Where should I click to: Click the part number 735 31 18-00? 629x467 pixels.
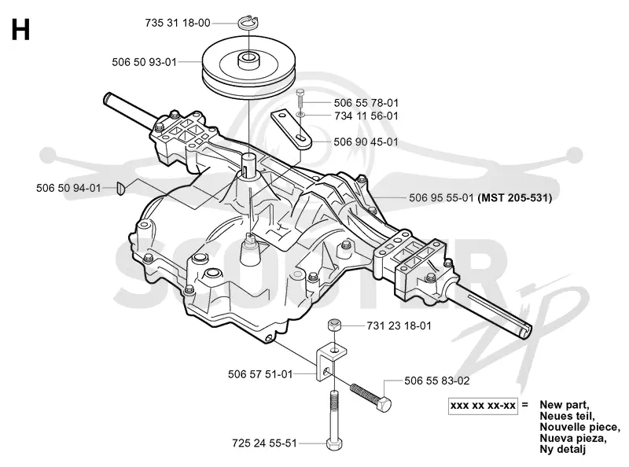(x=178, y=23)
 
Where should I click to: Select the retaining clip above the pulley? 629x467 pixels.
(x=248, y=24)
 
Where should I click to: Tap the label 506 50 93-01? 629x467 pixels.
(x=145, y=62)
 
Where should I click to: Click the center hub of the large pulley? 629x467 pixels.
(x=248, y=61)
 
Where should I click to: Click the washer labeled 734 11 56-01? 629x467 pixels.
(x=301, y=116)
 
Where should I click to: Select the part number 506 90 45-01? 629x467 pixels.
(x=366, y=142)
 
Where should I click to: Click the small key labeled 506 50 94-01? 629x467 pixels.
(x=121, y=188)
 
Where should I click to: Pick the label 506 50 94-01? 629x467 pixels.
(x=68, y=188)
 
